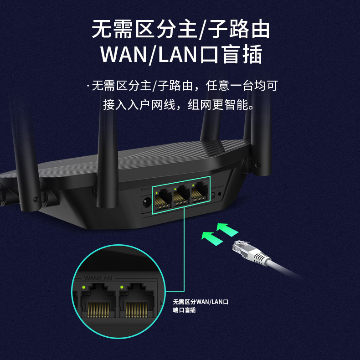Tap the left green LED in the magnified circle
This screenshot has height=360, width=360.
[x=83, y=287]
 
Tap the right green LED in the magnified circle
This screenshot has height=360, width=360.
[x=122, y=287]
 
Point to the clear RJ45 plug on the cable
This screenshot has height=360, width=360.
[x=242, y=248]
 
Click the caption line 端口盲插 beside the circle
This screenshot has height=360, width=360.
[x=184, y=310]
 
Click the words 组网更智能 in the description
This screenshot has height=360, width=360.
[x=223, y=105]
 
